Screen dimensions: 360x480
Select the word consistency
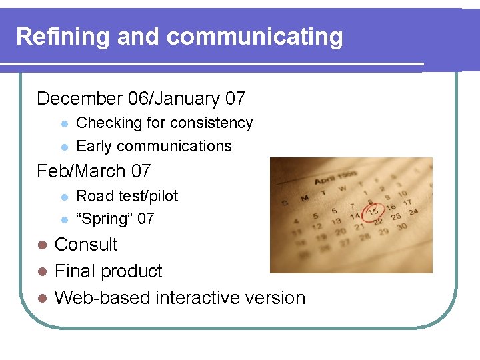pos(211,123)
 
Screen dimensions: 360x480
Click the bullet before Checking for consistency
pos(64,124)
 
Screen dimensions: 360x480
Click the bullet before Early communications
pos(64,147)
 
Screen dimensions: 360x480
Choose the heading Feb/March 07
pos(94,171)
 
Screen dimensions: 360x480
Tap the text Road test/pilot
pos(127,196)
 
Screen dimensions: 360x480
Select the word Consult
pos(86,245)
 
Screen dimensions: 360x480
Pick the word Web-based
pos(102,297)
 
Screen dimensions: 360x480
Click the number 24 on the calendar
pos(414,212)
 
